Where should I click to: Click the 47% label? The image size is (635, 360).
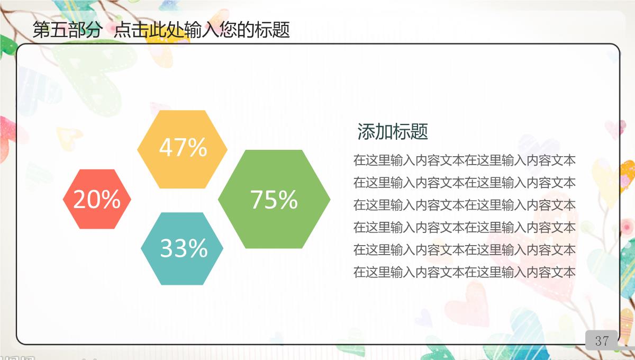183,147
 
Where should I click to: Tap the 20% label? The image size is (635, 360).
97,199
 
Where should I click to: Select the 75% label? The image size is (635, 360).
274,200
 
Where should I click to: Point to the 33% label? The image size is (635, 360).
184,248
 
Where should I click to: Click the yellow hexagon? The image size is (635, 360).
182,149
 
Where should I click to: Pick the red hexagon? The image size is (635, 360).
97,199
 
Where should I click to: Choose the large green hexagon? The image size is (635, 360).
274,199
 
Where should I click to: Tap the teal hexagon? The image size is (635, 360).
182,248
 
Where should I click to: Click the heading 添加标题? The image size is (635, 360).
393,131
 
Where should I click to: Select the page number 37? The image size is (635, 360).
602,341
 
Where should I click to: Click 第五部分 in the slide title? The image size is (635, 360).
68,30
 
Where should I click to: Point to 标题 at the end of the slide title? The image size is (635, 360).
272,30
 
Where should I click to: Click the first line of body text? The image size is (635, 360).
465,160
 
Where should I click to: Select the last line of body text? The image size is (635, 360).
465,272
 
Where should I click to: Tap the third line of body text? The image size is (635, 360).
465,205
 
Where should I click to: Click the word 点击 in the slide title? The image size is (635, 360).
131,30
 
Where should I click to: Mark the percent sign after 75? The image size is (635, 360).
288,200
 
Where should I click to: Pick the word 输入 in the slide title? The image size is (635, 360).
202,30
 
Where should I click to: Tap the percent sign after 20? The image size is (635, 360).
111,199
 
